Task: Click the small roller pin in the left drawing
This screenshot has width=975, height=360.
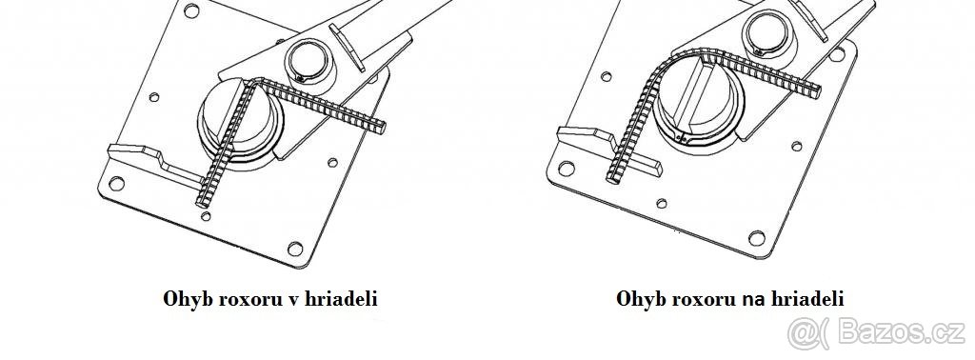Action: (310, 60)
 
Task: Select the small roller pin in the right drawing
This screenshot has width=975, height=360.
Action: (767, 33)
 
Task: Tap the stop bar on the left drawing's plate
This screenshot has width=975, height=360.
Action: (143, 157)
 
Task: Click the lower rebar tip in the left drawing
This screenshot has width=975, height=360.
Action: (203, 202)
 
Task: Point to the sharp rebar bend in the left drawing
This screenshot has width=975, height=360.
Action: (249, 84)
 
